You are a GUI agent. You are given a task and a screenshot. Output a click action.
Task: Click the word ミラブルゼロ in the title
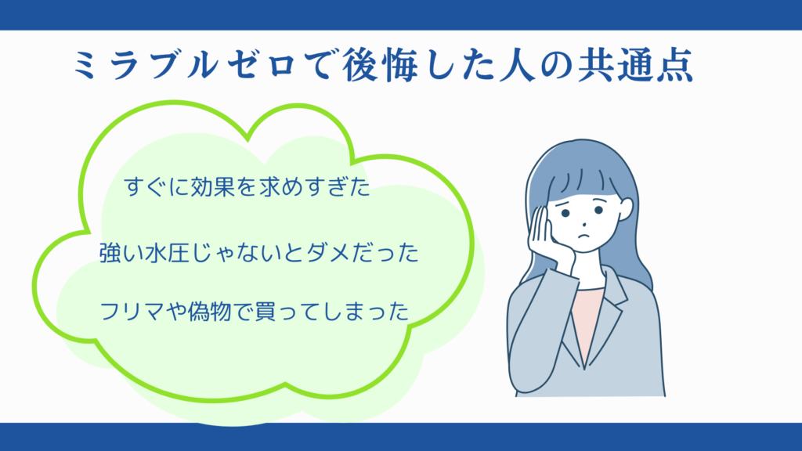pyautogui.click(x=185, y=64)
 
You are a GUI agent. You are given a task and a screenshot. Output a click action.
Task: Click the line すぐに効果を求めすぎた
pyautogui.click(x=247, y=187)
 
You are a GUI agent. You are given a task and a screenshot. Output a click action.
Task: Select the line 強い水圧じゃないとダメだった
pyautogui.click(x=258, y=253)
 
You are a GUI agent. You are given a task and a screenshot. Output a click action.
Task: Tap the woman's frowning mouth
pyautogui.click(x=583, y=236)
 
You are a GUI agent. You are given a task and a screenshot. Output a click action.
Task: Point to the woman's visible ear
pyautogui.click(x=625, y=208)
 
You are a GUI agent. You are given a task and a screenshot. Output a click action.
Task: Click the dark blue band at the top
pyautogui.click(x=401, y=15)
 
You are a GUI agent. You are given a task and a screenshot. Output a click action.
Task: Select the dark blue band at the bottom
pyautogui.click(x=401, y=437)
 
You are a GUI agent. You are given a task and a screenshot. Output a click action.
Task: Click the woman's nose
pyautogui.click(x=584, y=224)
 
